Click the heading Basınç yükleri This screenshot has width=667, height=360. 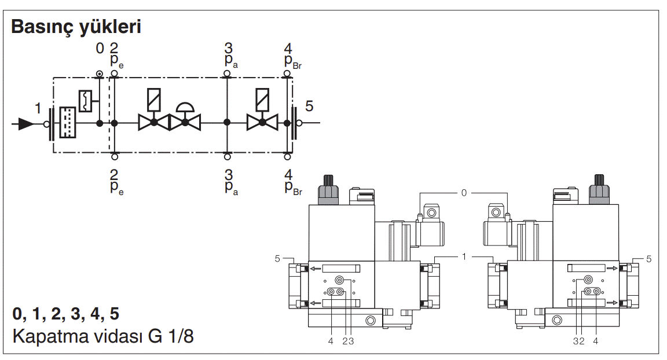pyautogui.click(x=76, y=27)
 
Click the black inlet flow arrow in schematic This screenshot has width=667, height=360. pyautogui.click(x=26, y=123)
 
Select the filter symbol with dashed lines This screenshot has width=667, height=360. pyautogui.click(x=68, y=123)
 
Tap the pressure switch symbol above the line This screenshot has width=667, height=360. pyautogui.click(x=86, y=101)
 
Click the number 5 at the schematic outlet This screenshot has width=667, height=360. pyautogui.click(x=309, y=106)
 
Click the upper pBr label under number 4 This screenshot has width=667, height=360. pyautogui.click(x=292, y=61)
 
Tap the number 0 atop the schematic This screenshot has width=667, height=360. pyautogui.click(x=100, y=48)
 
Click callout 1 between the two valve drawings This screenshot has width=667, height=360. pyautogui.click(x=464, y=255)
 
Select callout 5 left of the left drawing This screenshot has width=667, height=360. pyautogui.click(x=278, y=259)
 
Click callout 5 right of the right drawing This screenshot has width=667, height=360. pyautogui.click(x=648, y=259)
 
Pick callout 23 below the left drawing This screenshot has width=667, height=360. pyautogui.click(x=347, y=341)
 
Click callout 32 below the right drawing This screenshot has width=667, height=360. pyautogui.click(x=579, y=341)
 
